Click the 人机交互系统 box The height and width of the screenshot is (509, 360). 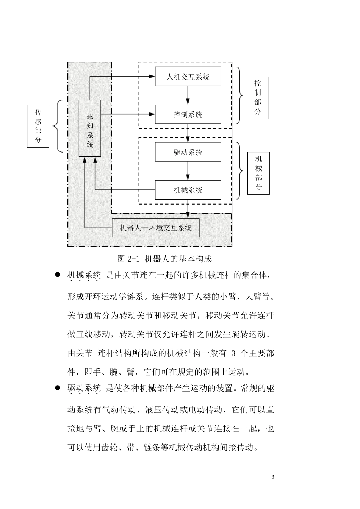(x=188, y=77)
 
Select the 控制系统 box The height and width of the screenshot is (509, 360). (x=188, y=114)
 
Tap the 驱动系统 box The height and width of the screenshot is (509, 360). (x=188, y=152)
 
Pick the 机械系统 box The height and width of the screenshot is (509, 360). (x=188, y=190)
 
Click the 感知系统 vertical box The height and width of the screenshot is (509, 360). (x=90, y=128)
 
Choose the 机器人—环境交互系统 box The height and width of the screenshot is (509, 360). (x=156, y=228)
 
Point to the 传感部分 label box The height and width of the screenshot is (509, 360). (x=38, y=126)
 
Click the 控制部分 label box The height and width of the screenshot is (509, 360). (x=258, y=98)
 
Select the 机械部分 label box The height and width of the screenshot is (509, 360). (x=258, y=173)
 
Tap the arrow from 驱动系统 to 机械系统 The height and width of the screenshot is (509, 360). (x=188, y=171)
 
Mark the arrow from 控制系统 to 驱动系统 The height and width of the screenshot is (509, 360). (x=188, y=133)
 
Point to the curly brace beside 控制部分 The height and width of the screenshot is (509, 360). (x=239, y=96)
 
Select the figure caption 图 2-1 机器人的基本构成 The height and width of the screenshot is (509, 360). (x=164, y=259)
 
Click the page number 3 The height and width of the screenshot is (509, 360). (x=273, y=477)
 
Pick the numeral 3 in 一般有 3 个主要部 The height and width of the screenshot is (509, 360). (x=233, y=354)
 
